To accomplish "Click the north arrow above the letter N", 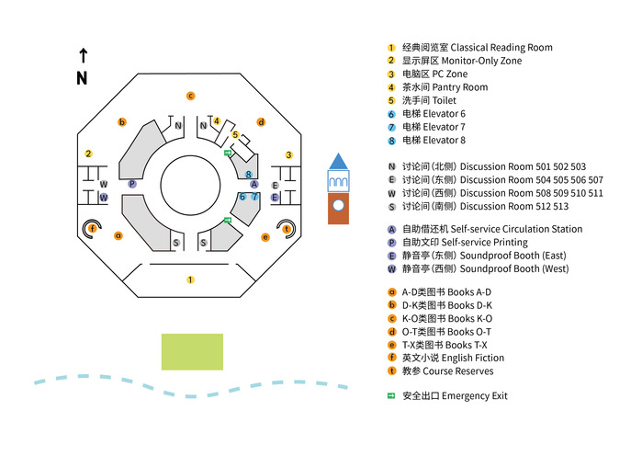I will (x=83, y=55).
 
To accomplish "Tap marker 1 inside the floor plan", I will (x=190, y=279).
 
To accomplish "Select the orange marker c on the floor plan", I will (x=190, y=96).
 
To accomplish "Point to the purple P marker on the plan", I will (x=132, y=184).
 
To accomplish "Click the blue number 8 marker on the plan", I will (x=249, y=174).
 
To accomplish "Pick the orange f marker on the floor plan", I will (x=92, y=228).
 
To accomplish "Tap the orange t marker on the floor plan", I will (x=287, y=228).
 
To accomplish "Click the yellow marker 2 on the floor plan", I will (x=88, y=154).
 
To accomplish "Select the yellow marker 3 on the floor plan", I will (x=288, y=154).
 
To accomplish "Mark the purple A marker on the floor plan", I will (x=254, y=185).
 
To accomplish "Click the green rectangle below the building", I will (x=192, y=352).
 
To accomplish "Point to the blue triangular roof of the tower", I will (x=339, y=161).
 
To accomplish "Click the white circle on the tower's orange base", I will (x=339, y=204).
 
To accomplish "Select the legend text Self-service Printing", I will (x=483, y=243).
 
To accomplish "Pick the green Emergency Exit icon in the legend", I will (x=390, y=395).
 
